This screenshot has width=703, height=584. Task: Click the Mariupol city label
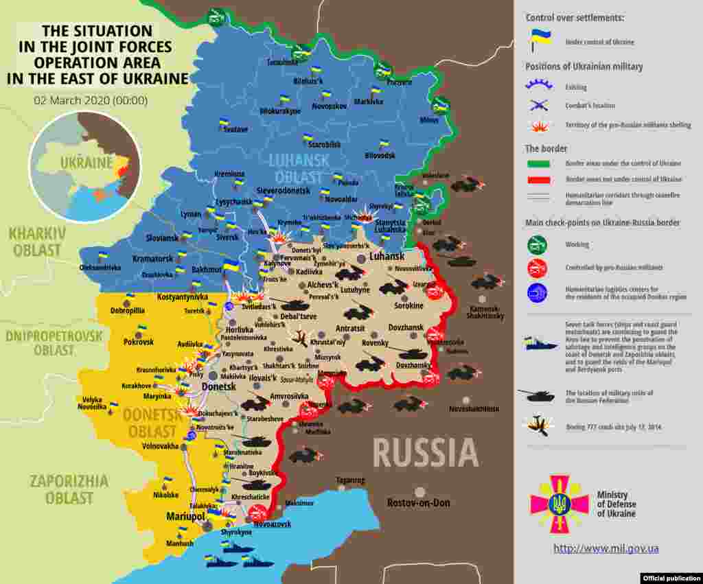[x=185, y=515]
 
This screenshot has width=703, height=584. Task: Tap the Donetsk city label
[x=219, y=387]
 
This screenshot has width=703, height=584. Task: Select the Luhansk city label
[x=387, y=256]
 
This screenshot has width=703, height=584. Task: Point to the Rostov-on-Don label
[x=419, y=502]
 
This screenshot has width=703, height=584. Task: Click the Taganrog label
[x=350, y=480]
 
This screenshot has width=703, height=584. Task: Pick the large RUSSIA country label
[x=426, y=453]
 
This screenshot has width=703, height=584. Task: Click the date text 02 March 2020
[x=91, y=100]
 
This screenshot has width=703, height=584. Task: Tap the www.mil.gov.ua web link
[x=606, y=548]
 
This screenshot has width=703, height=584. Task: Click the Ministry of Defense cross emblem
[x=559, y=504]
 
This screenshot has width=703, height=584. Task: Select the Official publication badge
[x=671, y=578]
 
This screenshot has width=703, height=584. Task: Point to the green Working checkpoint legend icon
[x=537, y=244]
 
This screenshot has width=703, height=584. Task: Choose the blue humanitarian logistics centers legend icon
[x=537, y=293]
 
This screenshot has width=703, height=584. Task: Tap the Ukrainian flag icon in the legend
[x=537, y=40]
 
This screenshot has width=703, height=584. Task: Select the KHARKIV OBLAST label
[x=37, y=242]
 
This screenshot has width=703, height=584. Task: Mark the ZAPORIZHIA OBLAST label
[x=69, y=489]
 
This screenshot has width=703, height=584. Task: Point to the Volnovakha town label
[x=160, y=445]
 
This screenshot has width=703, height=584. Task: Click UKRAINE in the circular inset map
[x=85, y=163]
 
